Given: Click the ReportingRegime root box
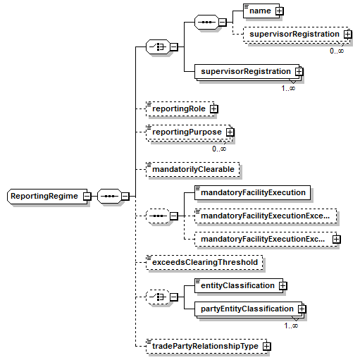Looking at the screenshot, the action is click(x=47, y=196).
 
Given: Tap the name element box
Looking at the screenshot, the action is click(x=261, y=11).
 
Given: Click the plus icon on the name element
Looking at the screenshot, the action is click(x=279, y=11).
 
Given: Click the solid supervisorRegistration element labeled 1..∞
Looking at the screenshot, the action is click(x=247, y=71).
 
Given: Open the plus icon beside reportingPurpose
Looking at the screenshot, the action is click(x=230, y=132).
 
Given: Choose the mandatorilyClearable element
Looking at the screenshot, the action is click(x=193, y=169).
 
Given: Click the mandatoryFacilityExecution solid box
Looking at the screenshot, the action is click(x=252, y=192).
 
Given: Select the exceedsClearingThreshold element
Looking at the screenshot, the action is click(x=204, y=262).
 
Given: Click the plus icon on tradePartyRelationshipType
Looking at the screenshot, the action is click(x=267, y=346).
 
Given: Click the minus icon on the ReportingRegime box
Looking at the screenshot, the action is click(x=87, y=196).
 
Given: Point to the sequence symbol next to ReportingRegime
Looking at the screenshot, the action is click(x=110, y=196).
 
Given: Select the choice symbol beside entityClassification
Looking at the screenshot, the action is click(x=158, y=297).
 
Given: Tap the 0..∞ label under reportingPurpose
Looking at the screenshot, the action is click(x=219, y=149).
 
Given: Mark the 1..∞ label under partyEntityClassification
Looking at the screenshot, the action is click(x=291, y=325).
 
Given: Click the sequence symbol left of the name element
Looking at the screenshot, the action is click(x=207, y=23).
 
